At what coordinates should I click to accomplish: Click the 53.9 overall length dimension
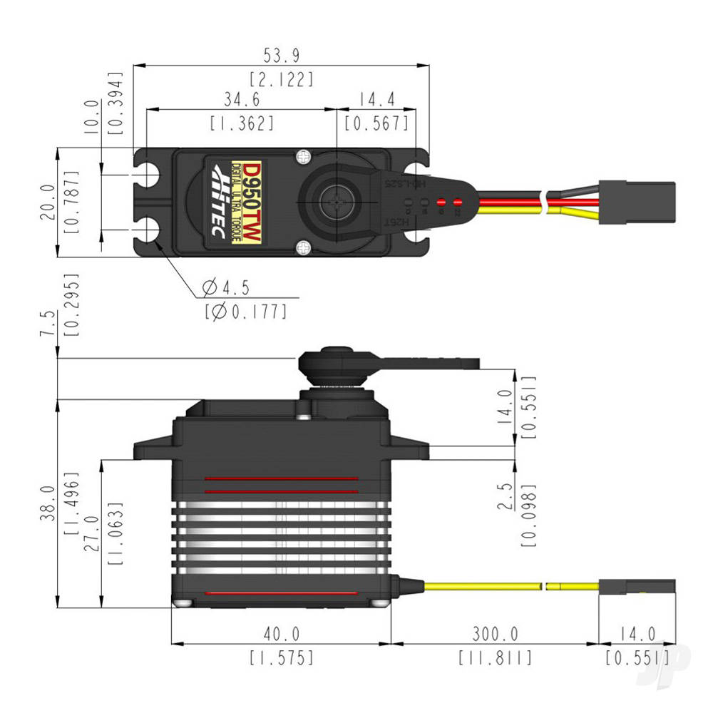click(283, 55)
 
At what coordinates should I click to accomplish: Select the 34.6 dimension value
click(242, 98)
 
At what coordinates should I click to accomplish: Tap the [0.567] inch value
click(376, 123)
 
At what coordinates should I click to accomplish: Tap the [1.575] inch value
click(282, 657)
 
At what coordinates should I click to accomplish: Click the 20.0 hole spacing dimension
click(46, 202)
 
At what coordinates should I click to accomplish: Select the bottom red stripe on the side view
click(280, 593)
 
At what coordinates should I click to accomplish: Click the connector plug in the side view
click(636, 587)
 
